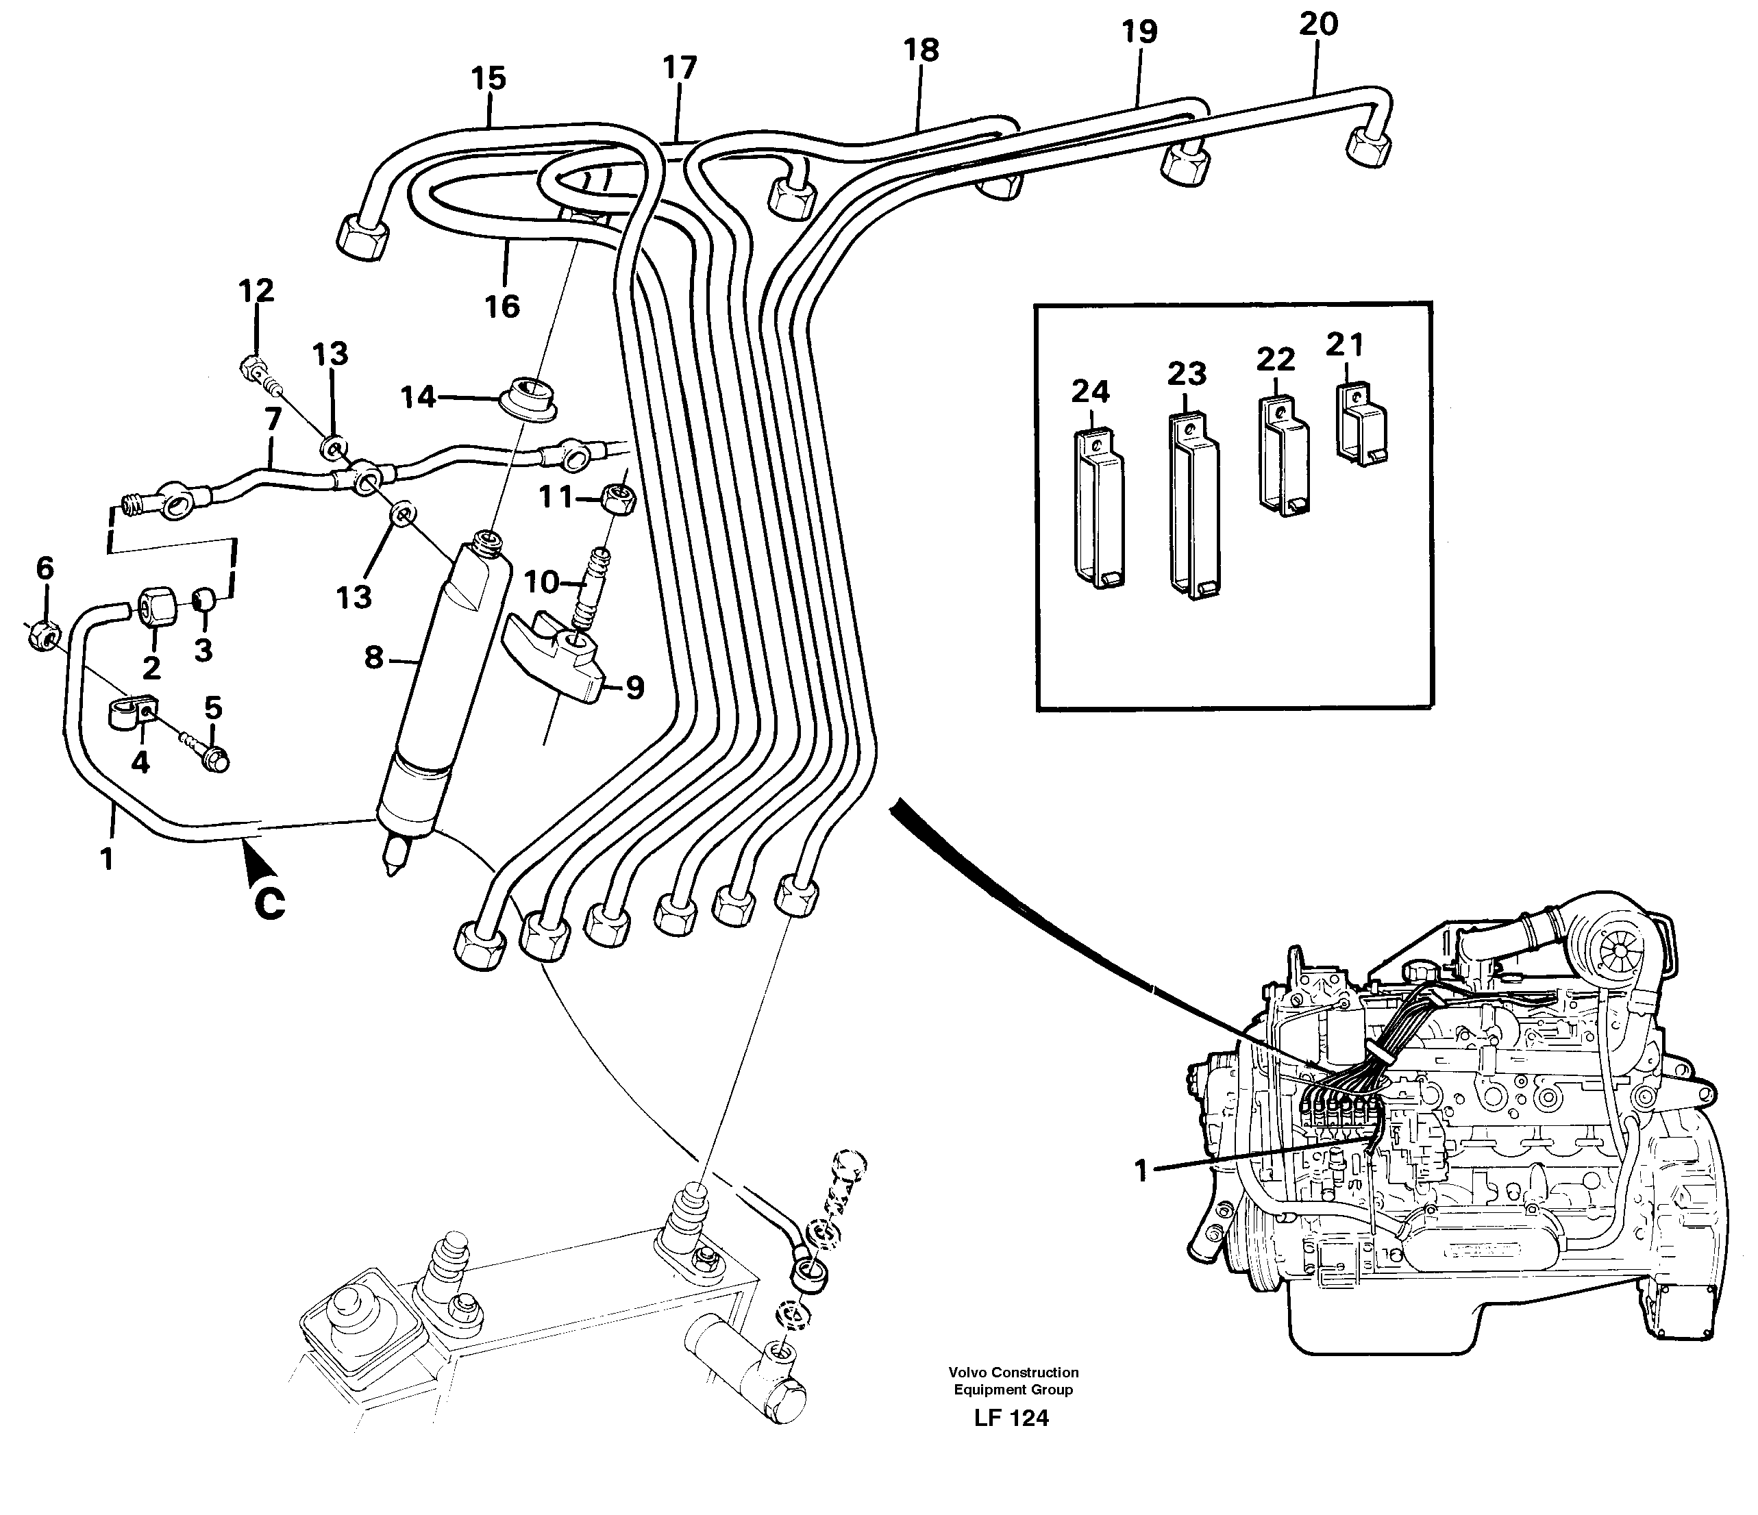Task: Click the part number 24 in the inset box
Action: (1090, 392)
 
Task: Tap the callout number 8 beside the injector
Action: (373, 657)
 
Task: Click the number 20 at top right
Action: (1317, 24)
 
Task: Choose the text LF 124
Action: (1011, 1418)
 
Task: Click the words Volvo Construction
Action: (1013, 1372)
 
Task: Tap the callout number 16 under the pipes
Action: (502, 306)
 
